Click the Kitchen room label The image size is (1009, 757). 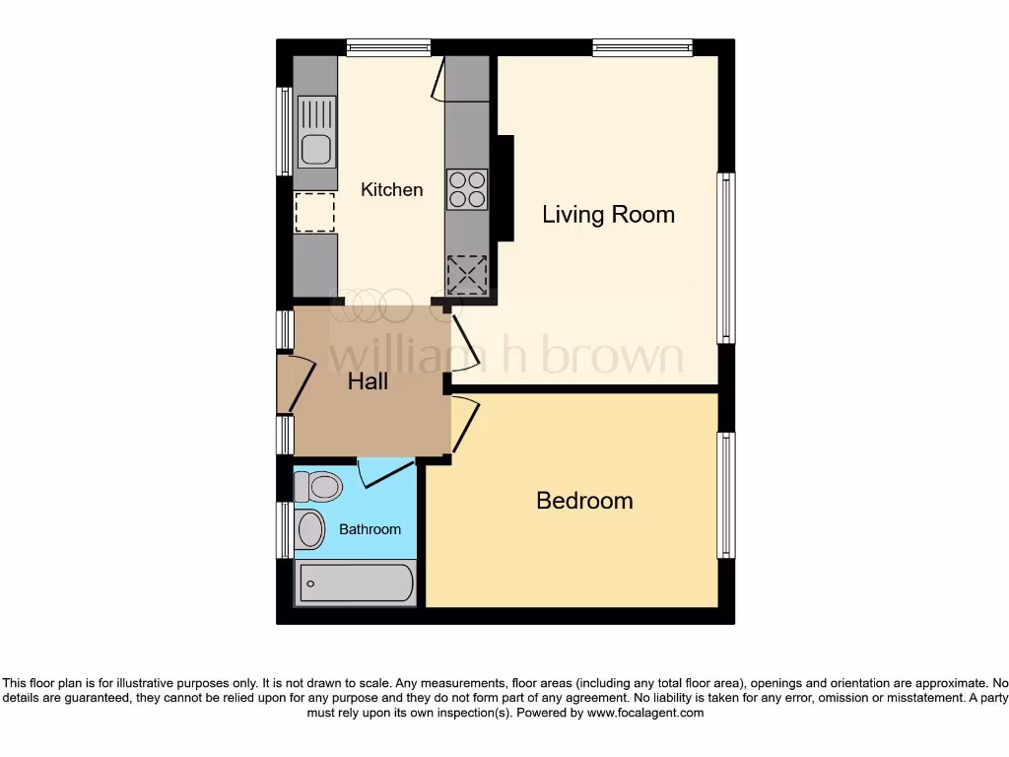click(x=391, y=189)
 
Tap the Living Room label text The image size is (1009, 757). click(x=608, y=214)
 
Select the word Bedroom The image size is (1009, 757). click(x=584, y=501)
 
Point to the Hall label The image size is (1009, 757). click(x=368, y=381)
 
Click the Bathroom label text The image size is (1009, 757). click(x=370, y=529)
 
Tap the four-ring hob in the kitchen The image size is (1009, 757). click(x=467, y=189)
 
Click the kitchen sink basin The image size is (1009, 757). click(x=315, y=149)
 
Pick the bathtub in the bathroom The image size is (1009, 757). click(x=355, y=583)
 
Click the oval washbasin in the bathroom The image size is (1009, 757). click(x=310, y=529)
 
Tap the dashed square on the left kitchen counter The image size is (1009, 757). click(x=315, y=212)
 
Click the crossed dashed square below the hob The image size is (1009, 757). click(x=467, y=275)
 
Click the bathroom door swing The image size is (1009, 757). click(x=382, y=473)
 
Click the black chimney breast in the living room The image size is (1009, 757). click(x=505, y=187)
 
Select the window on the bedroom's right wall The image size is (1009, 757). click(x=726, y=493)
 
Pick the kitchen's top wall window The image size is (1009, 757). click(x=388, y=46)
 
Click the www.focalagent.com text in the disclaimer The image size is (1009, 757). click(x=646, y=713)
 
